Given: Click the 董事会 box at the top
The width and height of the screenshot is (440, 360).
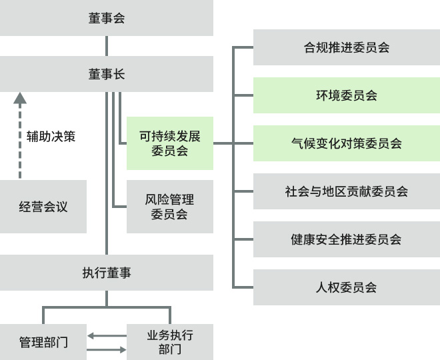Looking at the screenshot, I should tap(107, 18).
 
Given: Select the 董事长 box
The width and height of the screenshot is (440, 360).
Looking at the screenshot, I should tap(107, 74).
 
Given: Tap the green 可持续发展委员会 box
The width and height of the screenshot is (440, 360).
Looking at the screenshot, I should tap(169, 143).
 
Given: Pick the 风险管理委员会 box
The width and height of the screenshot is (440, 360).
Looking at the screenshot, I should tap(169, 207).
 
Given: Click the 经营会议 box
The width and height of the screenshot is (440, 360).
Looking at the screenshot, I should tap(43, 207).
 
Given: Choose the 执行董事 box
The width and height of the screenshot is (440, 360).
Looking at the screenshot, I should tap(107, 273).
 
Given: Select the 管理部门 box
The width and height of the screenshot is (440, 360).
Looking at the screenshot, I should tap(43, 343).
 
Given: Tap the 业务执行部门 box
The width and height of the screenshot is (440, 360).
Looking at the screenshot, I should tap(169, 342).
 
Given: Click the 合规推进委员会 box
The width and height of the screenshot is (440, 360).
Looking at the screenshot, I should tap(346, 47).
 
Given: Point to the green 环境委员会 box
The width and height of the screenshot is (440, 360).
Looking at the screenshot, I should tap(346, 95).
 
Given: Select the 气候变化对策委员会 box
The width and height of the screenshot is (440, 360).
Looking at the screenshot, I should tap(346, 143).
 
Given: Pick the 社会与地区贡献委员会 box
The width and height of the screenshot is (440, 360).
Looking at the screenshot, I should tap(346, 191).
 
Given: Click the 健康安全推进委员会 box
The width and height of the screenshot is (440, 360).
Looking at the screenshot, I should tap(346, 239).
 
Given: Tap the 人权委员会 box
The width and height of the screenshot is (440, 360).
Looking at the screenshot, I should tap(346, 287).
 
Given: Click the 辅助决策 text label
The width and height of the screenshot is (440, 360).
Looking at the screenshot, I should tap(51, 137).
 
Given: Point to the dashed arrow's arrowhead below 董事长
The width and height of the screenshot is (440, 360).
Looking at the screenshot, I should tap(20, 99).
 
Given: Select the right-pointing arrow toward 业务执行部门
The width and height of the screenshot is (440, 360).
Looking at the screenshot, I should tap(107, 349).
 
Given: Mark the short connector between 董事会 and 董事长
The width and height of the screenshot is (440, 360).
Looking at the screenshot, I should tap(107, 46).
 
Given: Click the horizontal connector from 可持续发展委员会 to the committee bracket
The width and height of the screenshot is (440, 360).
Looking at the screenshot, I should tap(223, 143).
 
